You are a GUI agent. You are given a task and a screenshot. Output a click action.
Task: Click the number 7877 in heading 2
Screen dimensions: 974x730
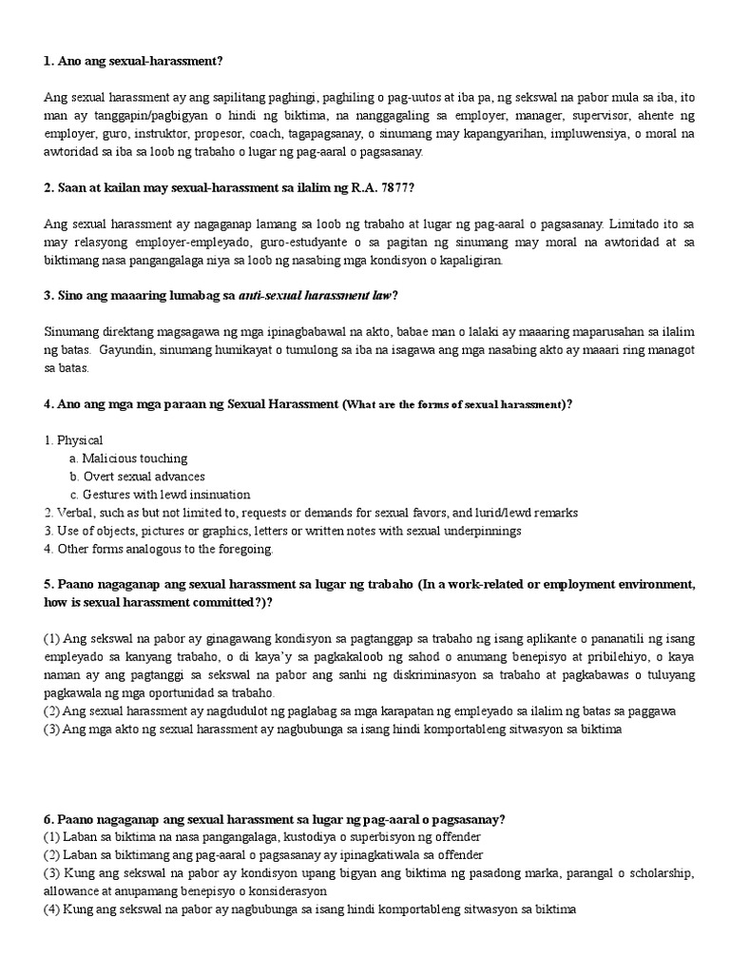coord(394,187)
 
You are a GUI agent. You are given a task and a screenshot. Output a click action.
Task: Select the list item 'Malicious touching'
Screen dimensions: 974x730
coord(134,458)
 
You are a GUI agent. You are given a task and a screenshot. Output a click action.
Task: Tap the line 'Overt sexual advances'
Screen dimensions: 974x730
coord(144,477)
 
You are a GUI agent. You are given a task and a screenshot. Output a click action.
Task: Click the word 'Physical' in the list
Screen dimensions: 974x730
coord(80,440)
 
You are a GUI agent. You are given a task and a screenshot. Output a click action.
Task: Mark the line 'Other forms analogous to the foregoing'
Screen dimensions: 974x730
coord(164,549)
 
